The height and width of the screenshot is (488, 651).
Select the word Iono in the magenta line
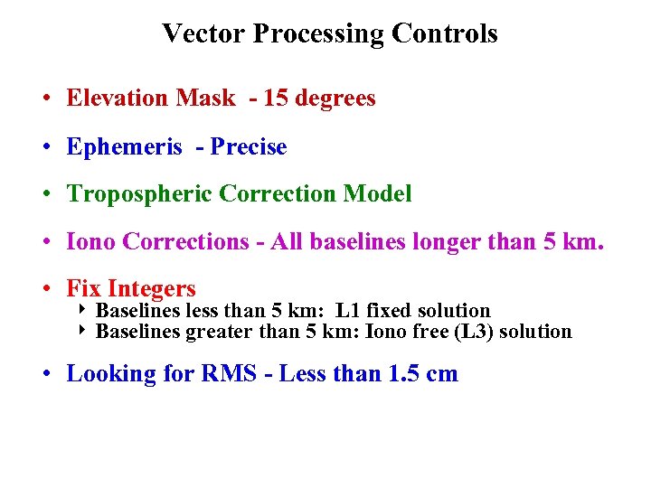(91, 242)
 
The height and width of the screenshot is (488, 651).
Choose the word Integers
(151, 289)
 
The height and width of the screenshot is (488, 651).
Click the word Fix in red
(83, 289)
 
